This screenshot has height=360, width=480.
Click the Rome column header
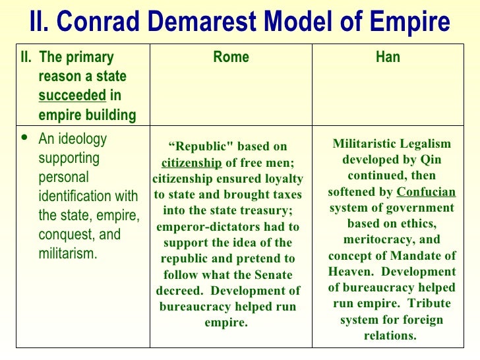pyautogui.click(x=231, y=57)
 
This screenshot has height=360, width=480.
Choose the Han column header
pyautogui.click(x=388, y=57)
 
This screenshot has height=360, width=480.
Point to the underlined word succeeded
pyautogui.click(x=72, y=96)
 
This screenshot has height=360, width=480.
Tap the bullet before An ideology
pyautogui.click(x=24, y=139)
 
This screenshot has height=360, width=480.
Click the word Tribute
pyautogui.click(x=429, y=304)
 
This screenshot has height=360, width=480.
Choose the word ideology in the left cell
pyautogui.click(x=82, y=139)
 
